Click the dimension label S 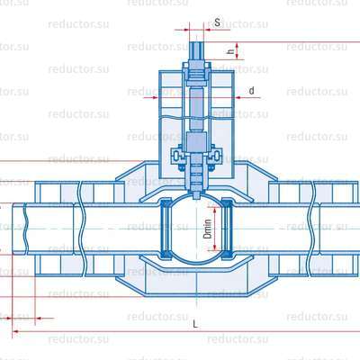click(x=218, y=22)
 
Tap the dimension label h click(x=230, y=51)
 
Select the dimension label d click(x=251, y=90)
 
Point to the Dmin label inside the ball click(x=207, y=229)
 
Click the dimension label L click(x=195, y=324)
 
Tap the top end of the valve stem click(x=196, y=42)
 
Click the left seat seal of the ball click(x=164, y=229)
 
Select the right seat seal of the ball click(x=229, y=229)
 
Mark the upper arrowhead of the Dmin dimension click(x=215, y=210)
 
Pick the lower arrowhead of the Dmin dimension click(x=215, y=247)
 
